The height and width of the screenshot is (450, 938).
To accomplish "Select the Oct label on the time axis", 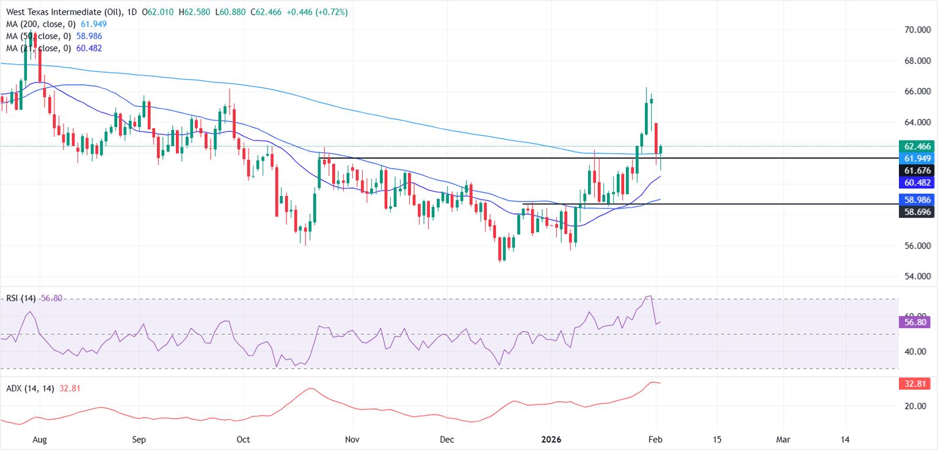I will (x=243, y=439).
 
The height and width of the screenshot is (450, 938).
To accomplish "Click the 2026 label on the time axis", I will (x=551, y=439).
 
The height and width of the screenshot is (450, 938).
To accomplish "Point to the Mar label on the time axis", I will (x=783, y=439).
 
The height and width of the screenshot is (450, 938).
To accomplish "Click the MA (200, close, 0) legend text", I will (x=38, y=23).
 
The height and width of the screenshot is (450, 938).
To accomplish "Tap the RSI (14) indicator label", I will (x=20, y=299).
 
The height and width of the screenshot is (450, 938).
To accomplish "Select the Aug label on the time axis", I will (x=39, y=439).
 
